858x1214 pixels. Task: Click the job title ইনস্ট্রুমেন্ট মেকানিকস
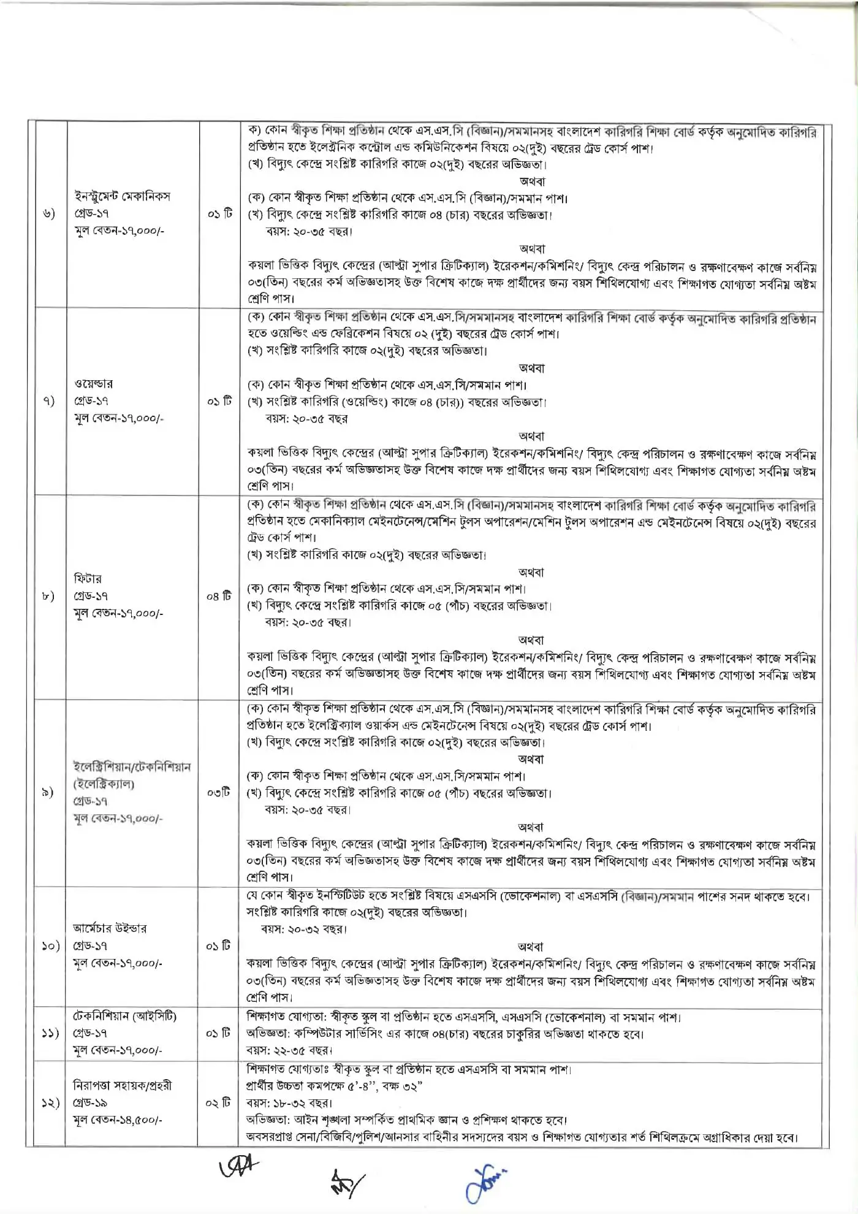pos(122,196)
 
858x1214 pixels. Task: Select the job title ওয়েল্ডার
pos(93,384)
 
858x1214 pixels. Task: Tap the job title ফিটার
pos(88,578)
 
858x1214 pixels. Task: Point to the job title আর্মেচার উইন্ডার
pos(110,928)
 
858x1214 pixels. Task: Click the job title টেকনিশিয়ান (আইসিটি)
pos(124,1016)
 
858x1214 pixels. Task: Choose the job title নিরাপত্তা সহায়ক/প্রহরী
pos(122,1085)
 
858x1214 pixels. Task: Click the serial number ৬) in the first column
pos(49,213)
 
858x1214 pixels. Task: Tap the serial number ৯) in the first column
pos(48,792)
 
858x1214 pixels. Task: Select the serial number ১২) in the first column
pos(50,1102)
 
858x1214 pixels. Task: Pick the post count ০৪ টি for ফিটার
pos(219,596)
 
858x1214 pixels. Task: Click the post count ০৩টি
pos(219,792)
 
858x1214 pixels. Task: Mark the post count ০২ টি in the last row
pos(218,1102)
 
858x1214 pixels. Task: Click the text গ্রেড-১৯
pos(90,1102)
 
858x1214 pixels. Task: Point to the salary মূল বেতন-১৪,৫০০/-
pos(118,1120)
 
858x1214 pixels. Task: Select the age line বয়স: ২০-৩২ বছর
pos(303,929)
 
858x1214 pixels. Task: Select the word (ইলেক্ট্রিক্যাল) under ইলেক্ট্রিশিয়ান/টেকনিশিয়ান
pos(104,784)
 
